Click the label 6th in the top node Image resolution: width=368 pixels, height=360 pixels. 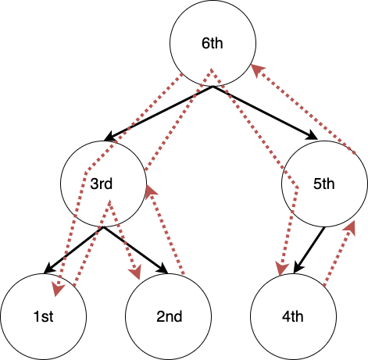coord(213,43)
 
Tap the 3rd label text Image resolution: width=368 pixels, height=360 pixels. coord(102,184)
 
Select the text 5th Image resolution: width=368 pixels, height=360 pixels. coord(323,184)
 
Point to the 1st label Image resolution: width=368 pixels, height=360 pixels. coord(43,316)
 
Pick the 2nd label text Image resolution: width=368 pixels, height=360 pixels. coord(170,316)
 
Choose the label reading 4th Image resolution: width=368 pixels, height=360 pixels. coord(293,316)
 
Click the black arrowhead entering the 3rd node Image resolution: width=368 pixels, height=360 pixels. coord(109,136)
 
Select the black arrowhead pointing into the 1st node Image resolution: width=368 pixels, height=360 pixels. coord(49,269)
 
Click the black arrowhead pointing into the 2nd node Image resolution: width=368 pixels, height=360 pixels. coord(163,268)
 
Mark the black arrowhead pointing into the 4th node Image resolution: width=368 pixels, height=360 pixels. coord(298,268)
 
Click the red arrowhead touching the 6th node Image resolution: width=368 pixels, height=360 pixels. coord(257,70)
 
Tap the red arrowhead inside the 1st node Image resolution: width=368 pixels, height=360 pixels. coord(58,289)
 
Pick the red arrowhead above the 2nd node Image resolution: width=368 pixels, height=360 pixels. coord(135,272)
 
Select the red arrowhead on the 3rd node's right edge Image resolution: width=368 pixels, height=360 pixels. coord(151,191)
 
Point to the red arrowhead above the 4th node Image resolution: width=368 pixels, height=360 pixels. coord(282,269)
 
